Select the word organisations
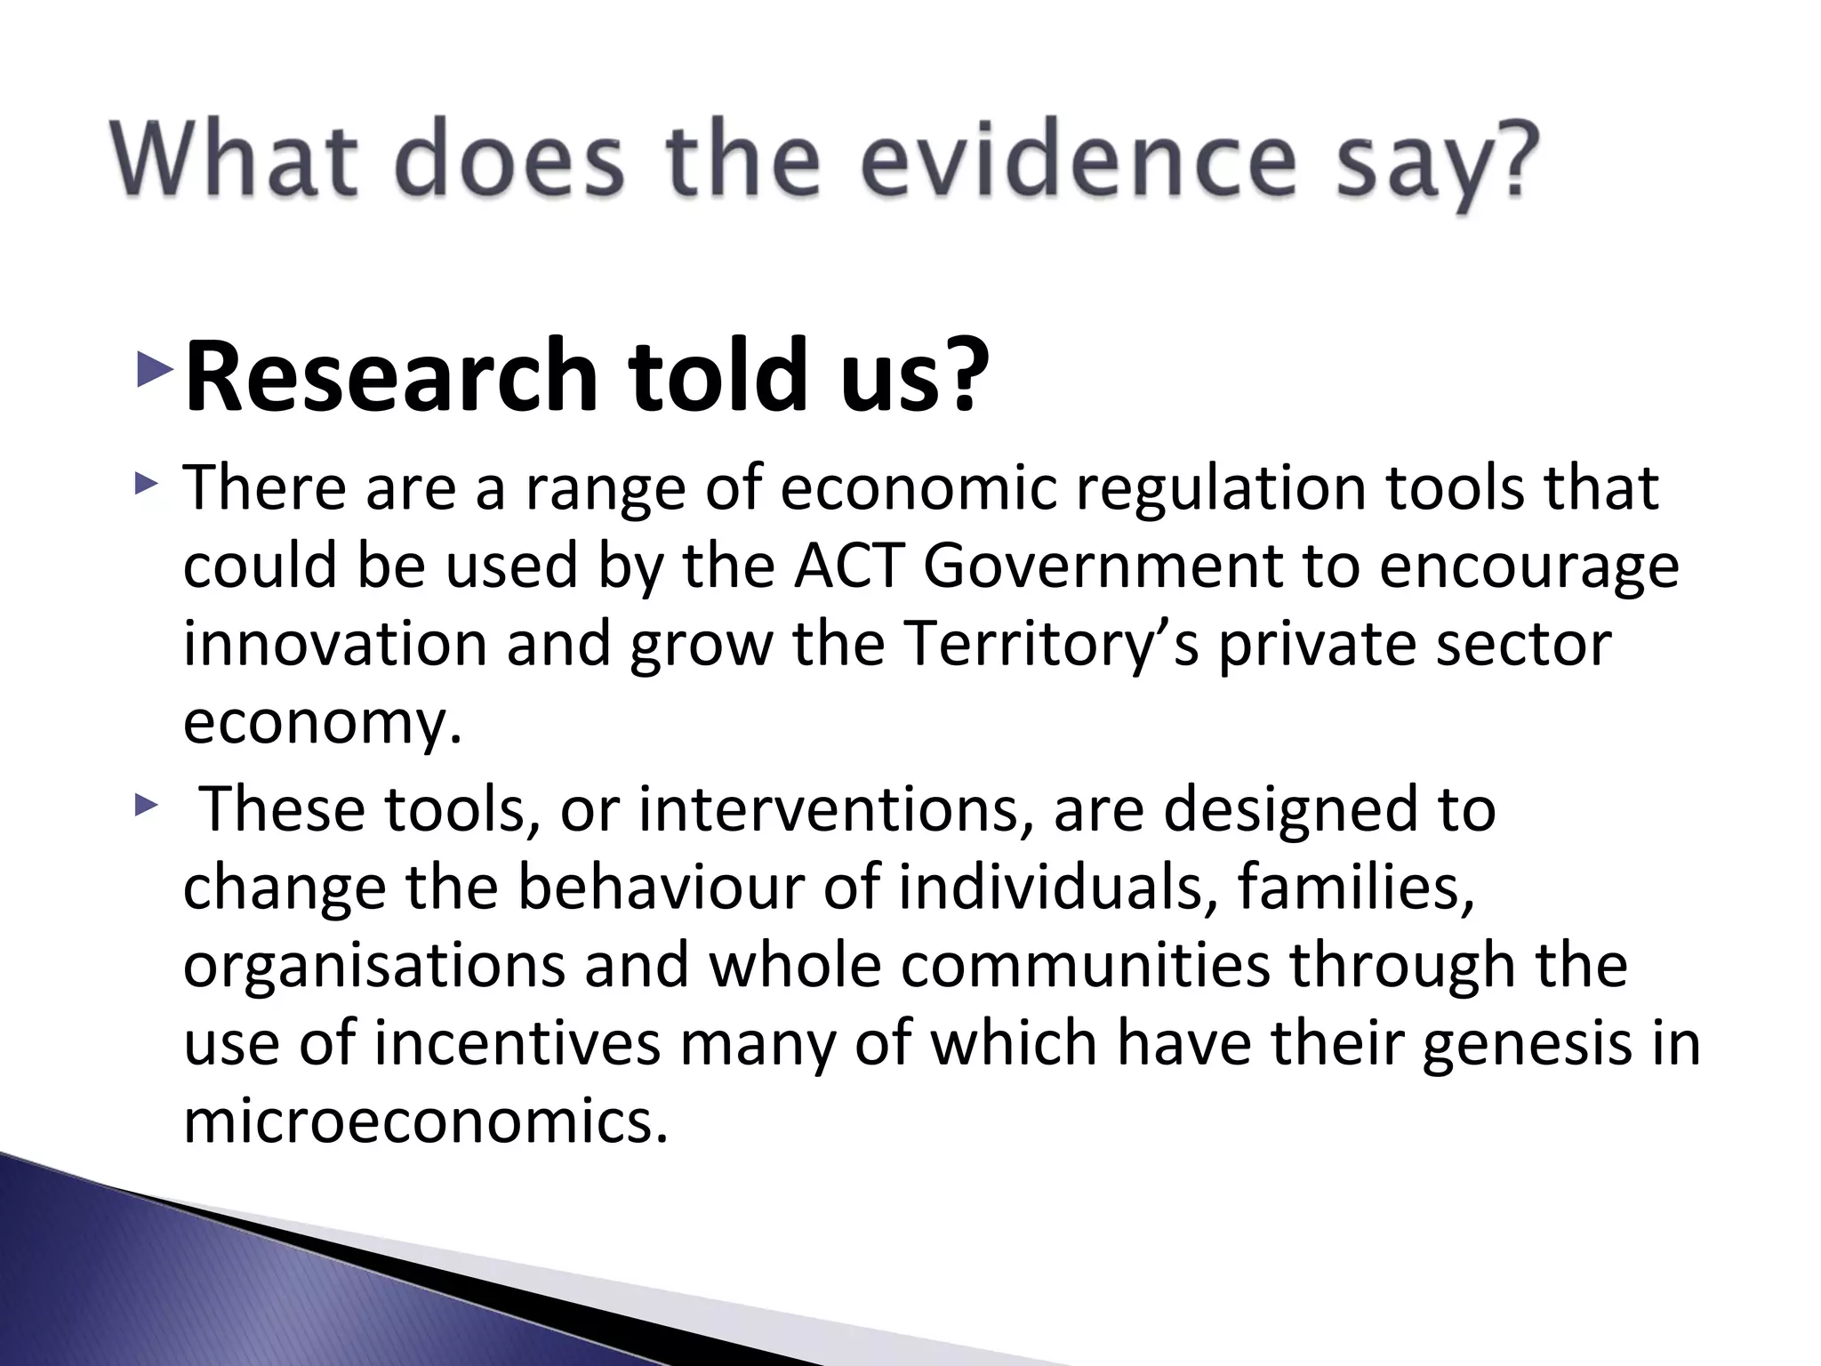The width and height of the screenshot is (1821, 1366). (x=373, y=966)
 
